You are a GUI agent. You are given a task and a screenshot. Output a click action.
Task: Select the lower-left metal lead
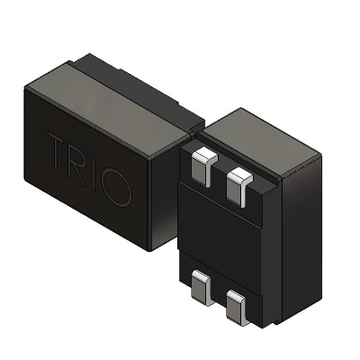200,288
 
